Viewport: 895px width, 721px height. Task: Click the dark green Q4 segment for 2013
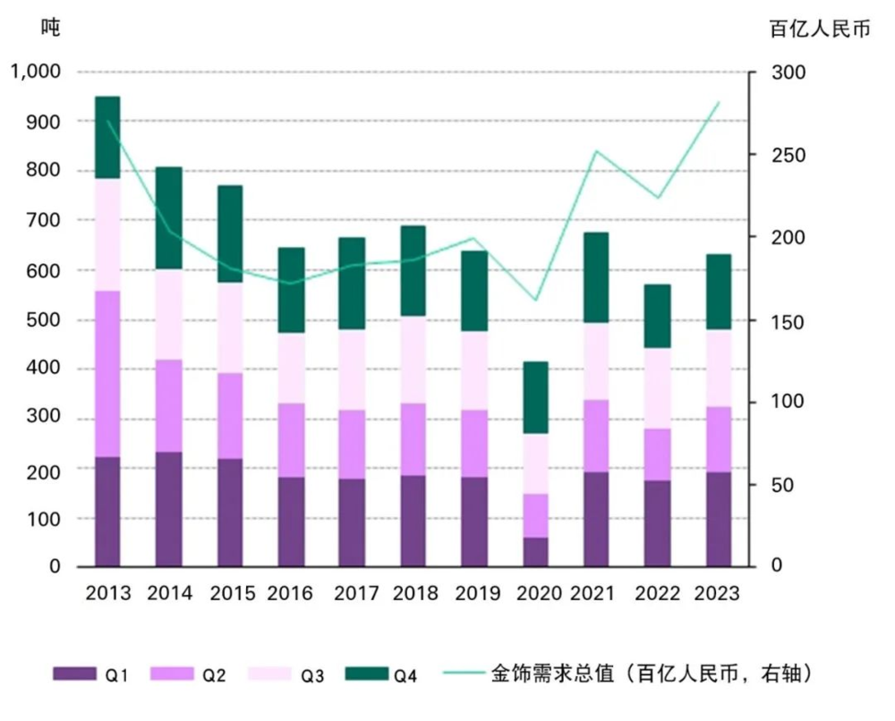coord(107,137)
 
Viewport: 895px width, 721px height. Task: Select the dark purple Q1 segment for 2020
coord(535,552)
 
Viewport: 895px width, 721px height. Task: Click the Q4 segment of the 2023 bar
coord(719,292)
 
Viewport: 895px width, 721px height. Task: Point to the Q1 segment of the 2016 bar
coord(290,522)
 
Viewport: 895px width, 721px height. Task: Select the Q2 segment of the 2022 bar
coord(658,454)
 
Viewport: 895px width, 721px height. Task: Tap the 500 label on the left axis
coord(45,319)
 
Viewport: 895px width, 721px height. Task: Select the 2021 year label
coord(596,594)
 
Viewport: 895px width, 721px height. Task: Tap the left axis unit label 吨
coord(51,28)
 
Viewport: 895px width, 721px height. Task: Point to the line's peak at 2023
coord(719,103)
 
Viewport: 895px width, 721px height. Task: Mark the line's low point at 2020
coord(535,300)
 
